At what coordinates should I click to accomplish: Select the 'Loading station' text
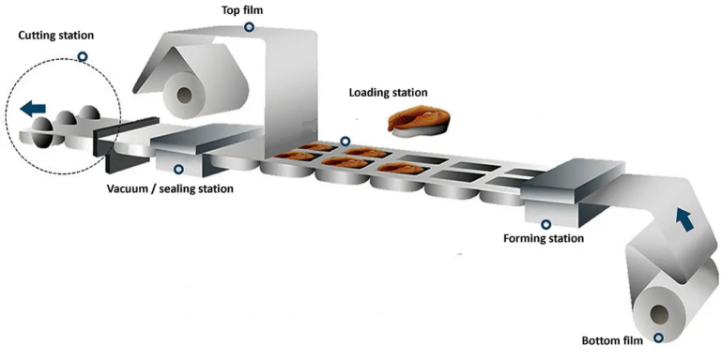(388, 93)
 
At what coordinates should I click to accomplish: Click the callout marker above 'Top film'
(250, 27)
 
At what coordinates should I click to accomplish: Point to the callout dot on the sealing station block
(179, 170)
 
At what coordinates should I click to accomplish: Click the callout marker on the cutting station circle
(83, 57)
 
